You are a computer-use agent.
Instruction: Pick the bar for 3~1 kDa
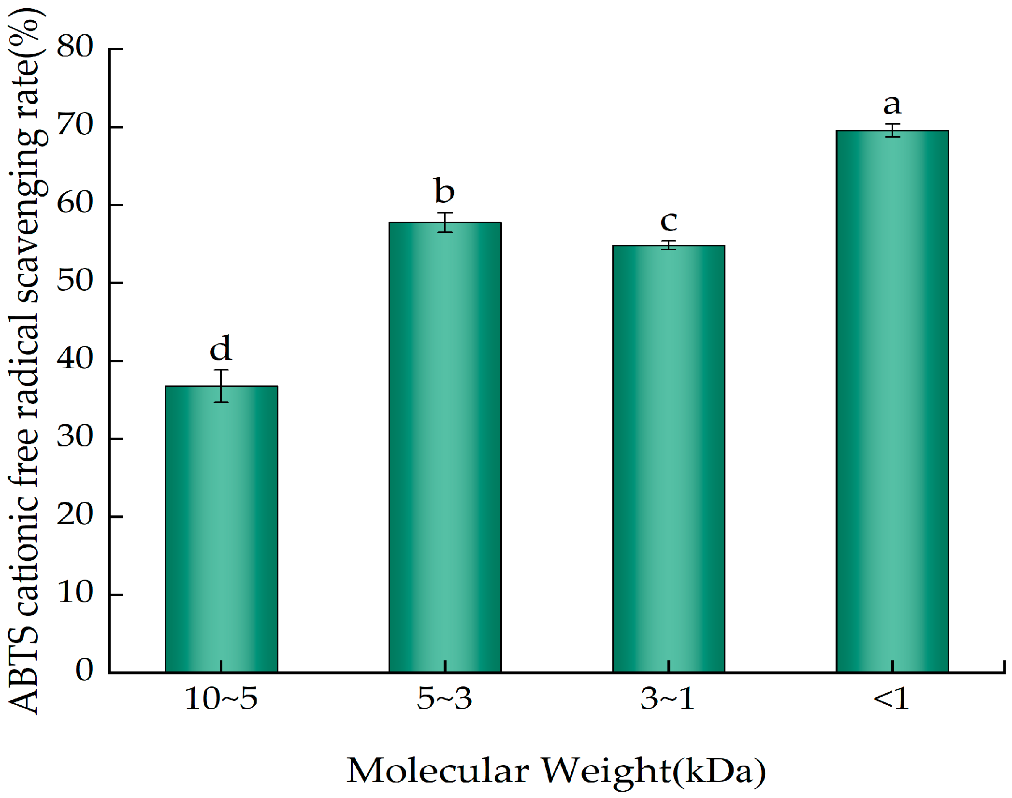[x=668, y=459]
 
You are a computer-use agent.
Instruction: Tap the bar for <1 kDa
[x=892, y=401]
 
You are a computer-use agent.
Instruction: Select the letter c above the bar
[x=669, y=221]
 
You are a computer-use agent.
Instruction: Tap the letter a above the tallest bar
[x=892, y=104]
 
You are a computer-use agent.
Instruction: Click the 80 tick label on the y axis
[x=75, y=47]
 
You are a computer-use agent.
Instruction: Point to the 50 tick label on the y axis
[x=75, y=281]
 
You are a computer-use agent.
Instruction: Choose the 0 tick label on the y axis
[x=84, y=670]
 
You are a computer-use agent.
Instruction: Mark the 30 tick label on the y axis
[x=75, y=437]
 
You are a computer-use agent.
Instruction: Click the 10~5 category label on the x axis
[x=221, y=698]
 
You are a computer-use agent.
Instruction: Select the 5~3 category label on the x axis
[x=444, y=698]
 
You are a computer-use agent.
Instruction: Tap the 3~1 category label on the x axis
[x=668, y=698]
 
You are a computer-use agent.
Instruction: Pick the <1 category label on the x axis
[x=891, y=698]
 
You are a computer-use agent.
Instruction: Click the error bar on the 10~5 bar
[x=221, y=385]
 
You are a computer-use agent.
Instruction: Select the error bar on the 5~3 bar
[x=445, y=222]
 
